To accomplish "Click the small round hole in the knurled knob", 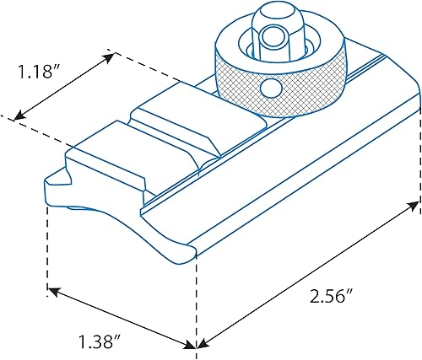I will (x=269, y=89).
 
